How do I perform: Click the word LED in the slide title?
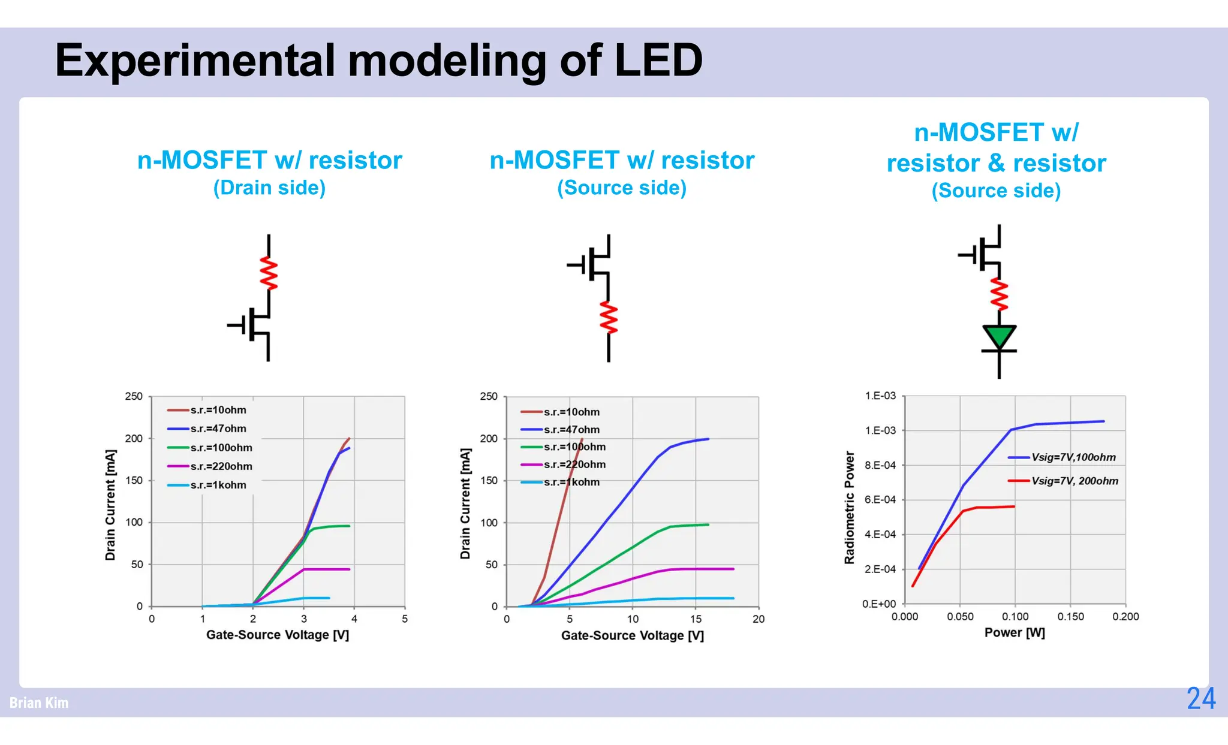658,61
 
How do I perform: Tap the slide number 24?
1201,699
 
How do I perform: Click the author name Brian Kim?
39,702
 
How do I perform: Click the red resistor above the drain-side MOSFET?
269,274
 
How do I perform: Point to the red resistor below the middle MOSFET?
609,318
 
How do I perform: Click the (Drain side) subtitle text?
269,188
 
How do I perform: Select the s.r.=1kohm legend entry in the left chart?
218,485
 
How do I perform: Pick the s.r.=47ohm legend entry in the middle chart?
571,429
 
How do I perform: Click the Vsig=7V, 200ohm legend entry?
1074,481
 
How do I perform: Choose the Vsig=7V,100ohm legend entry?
1073,457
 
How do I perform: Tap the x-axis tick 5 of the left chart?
405,619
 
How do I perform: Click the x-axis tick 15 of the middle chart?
696,619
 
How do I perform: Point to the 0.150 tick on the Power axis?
1070,616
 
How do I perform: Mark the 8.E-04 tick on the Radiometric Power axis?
880,465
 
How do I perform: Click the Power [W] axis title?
1015,632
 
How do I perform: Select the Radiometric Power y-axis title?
849,507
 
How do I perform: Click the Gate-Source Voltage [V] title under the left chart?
278,635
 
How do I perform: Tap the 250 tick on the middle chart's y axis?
489,396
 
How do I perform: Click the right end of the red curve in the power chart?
1014,506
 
